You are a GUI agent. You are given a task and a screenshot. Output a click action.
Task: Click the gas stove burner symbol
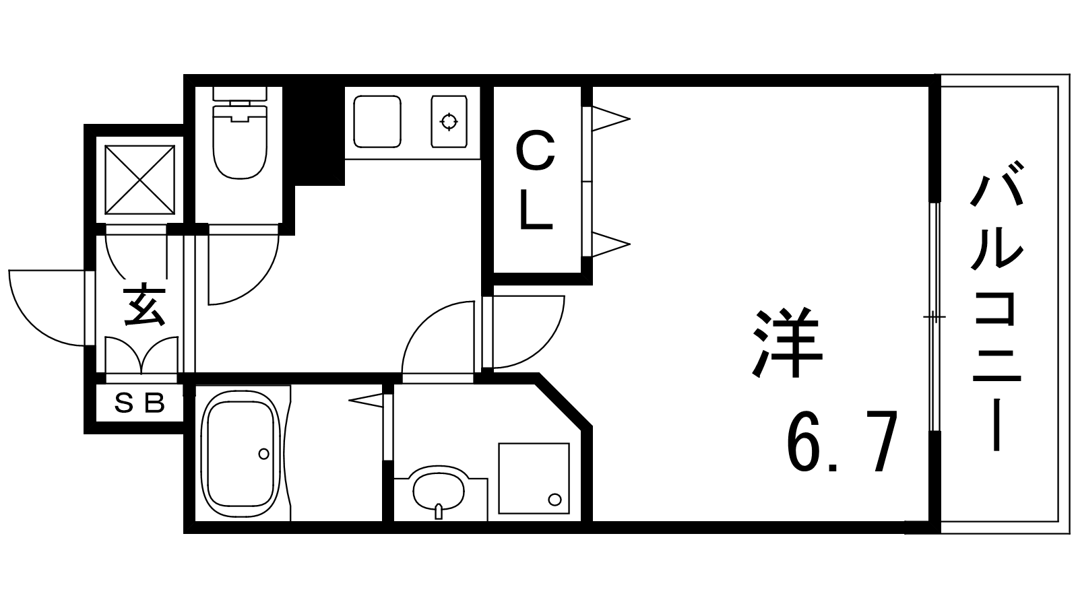pyautogui.click(x=449, y=121)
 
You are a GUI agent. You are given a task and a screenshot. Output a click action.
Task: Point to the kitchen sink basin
pyautogui.click(x=377, y=121)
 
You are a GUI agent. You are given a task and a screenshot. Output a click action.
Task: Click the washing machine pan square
pyautogui.click(x=534, y=479)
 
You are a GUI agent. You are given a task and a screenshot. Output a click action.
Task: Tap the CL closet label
pyautogui.click(x=535, y=182)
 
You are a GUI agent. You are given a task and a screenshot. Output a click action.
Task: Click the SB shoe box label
pyautogui.click(x=140, y=403)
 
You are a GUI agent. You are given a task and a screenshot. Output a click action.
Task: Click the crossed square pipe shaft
pyautogui.click(x=139, y=180)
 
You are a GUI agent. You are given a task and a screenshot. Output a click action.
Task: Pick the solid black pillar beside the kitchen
pyautogui.click(x=319, y=135)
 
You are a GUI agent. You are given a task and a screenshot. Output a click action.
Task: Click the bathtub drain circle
pyautogui.click(x=263, y=454)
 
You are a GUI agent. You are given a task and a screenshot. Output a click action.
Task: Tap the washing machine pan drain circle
pyautogui.click(x=555, y=500)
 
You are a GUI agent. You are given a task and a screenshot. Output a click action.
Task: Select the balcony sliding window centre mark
pyautogui.click(x=934, y=317)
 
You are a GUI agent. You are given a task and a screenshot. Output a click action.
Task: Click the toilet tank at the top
pyautogui.click(x=240, y=94)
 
